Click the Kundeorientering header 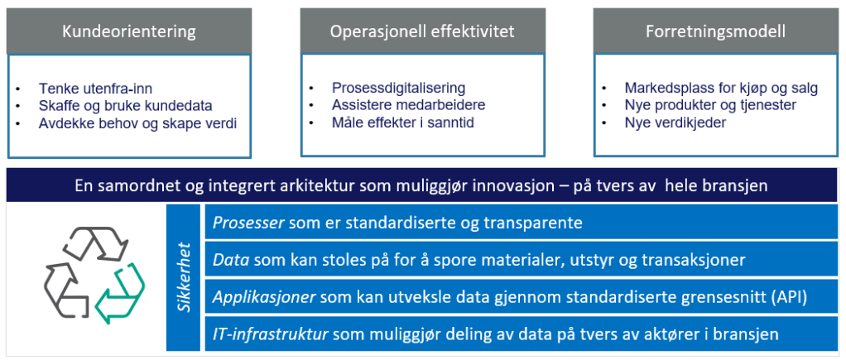coord(128,31)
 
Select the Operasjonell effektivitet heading coord(422,31)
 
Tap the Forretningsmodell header coord(715,31)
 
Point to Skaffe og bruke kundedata coord(125,106)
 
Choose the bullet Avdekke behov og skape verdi coord(137,123)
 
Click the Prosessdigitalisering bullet coord(399,88)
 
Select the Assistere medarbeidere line coord(408,105)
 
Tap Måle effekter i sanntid coord(402,122)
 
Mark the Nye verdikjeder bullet coord(675,122)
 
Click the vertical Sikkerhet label coord(184,277)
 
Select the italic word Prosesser coord(248,223)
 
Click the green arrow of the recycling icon coord(120,294)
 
